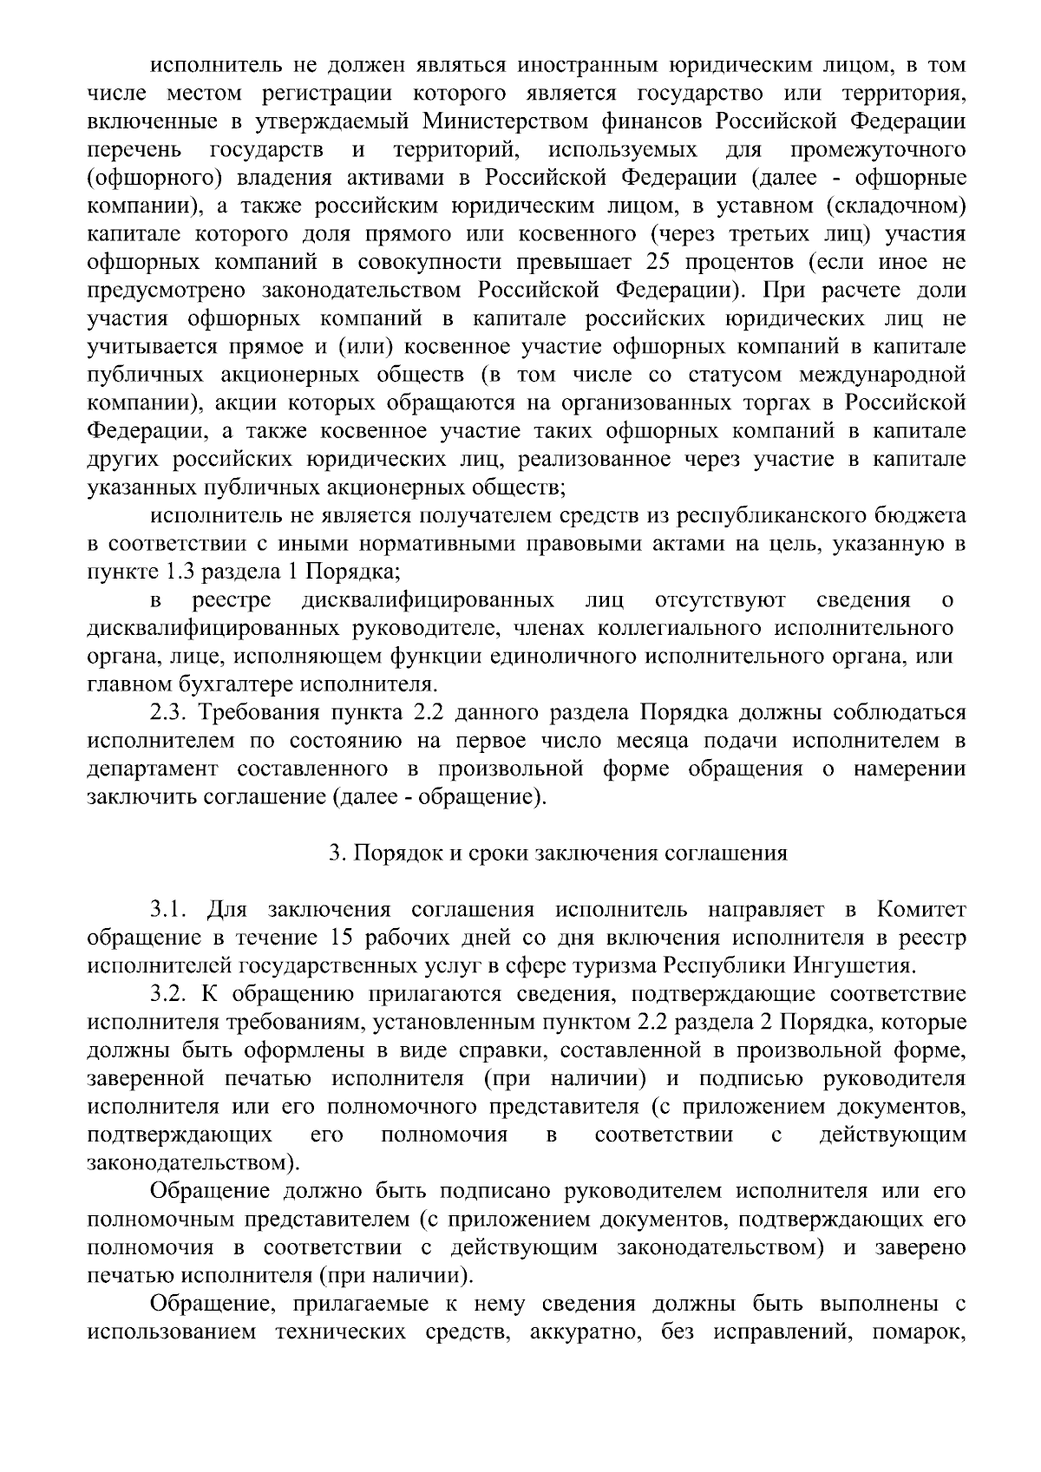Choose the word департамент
pyautogui.click(x=157, y=769)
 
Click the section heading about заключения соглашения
pyautogui.click(x=558, y=854)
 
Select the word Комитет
pyautogui.click(x=921, y=911)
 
